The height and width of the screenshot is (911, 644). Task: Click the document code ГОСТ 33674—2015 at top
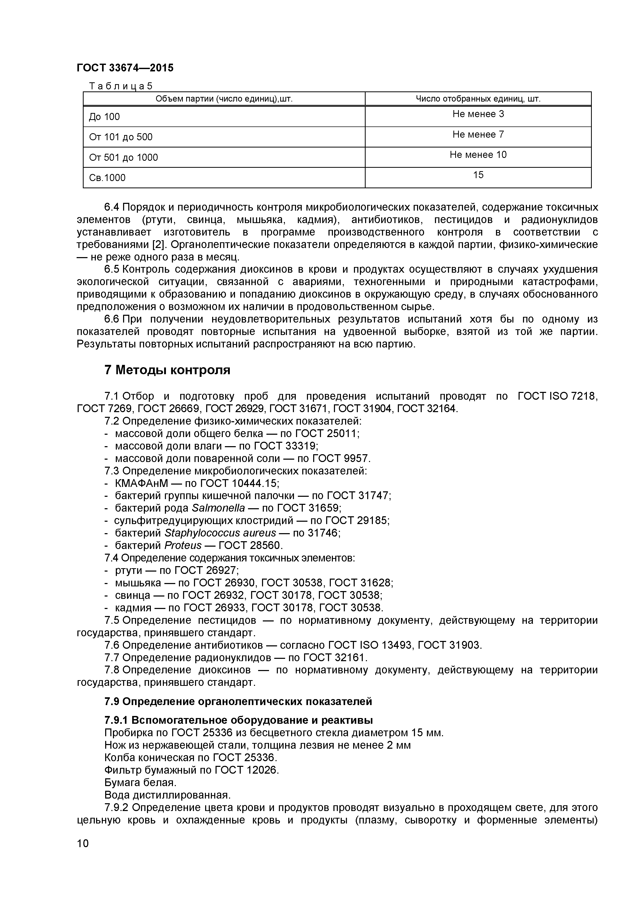125,68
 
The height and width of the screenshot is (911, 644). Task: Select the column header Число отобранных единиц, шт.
478,99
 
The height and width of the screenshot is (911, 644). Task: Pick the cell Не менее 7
478,135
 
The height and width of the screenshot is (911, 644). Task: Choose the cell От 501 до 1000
123,158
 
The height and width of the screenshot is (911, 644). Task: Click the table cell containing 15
478,175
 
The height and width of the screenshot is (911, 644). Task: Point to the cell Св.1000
107,178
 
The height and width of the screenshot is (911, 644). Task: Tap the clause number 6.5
111,269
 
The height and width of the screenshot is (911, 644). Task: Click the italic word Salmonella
218,508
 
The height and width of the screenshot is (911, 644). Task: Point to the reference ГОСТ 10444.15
239,483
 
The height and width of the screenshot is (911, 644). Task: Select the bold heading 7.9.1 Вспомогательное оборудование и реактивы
238,720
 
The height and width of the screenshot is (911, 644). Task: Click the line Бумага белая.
140,782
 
